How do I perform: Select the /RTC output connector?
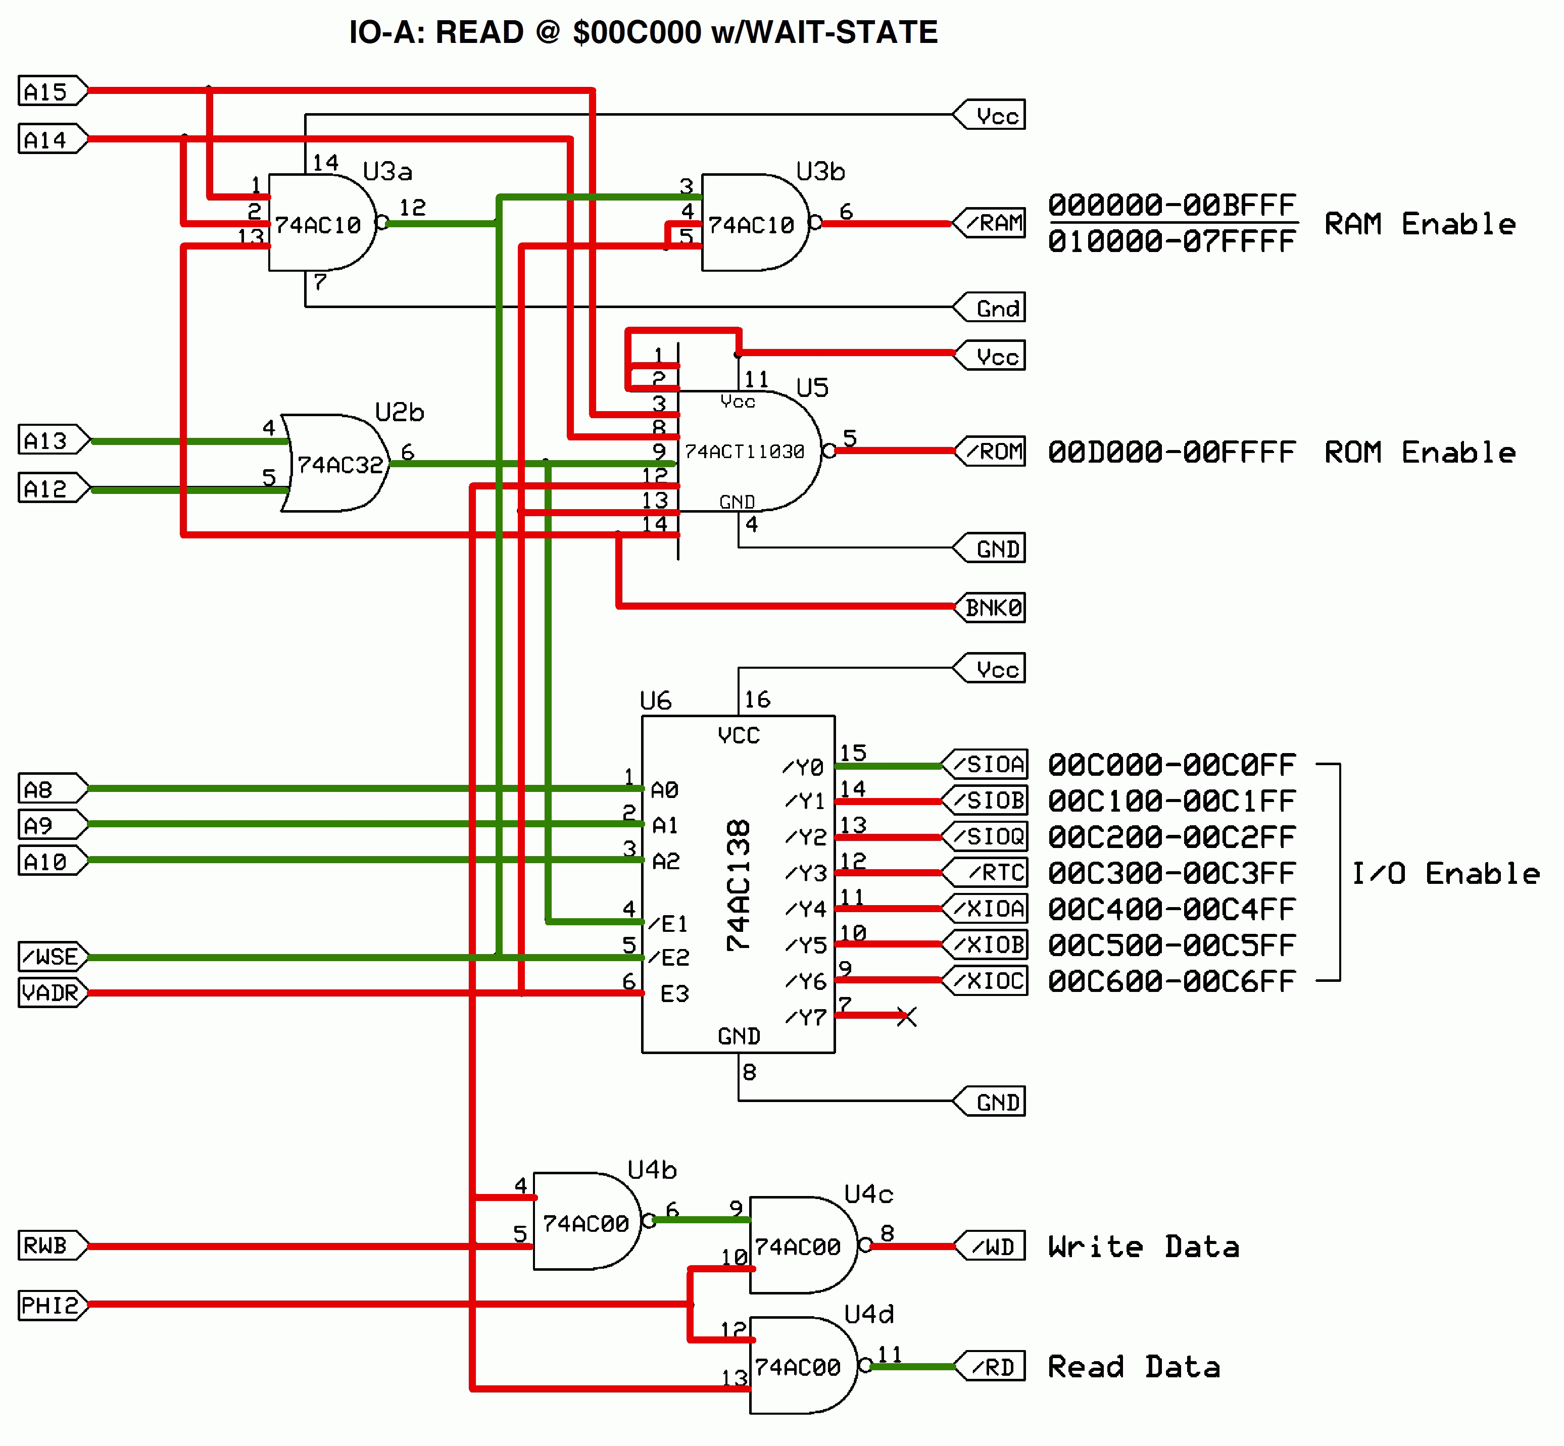[x=986, y=872]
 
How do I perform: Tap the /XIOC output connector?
[x=986, y=980]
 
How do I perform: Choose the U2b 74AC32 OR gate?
[x=336, y=464]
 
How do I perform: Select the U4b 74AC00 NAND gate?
[x=585, y=1222]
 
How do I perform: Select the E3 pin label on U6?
[x=674, y=994]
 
